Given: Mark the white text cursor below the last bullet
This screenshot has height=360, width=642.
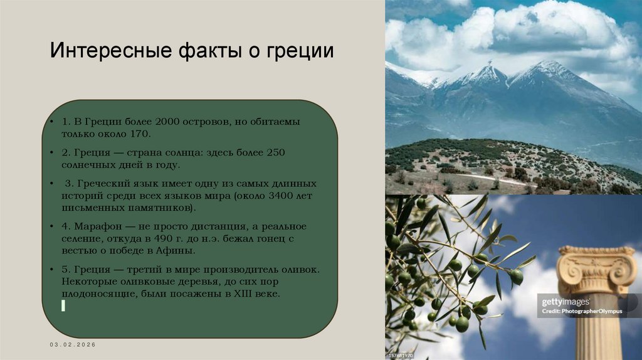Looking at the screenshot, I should pos(63,305).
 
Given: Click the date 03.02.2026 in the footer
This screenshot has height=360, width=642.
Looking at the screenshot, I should pos(73,346).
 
